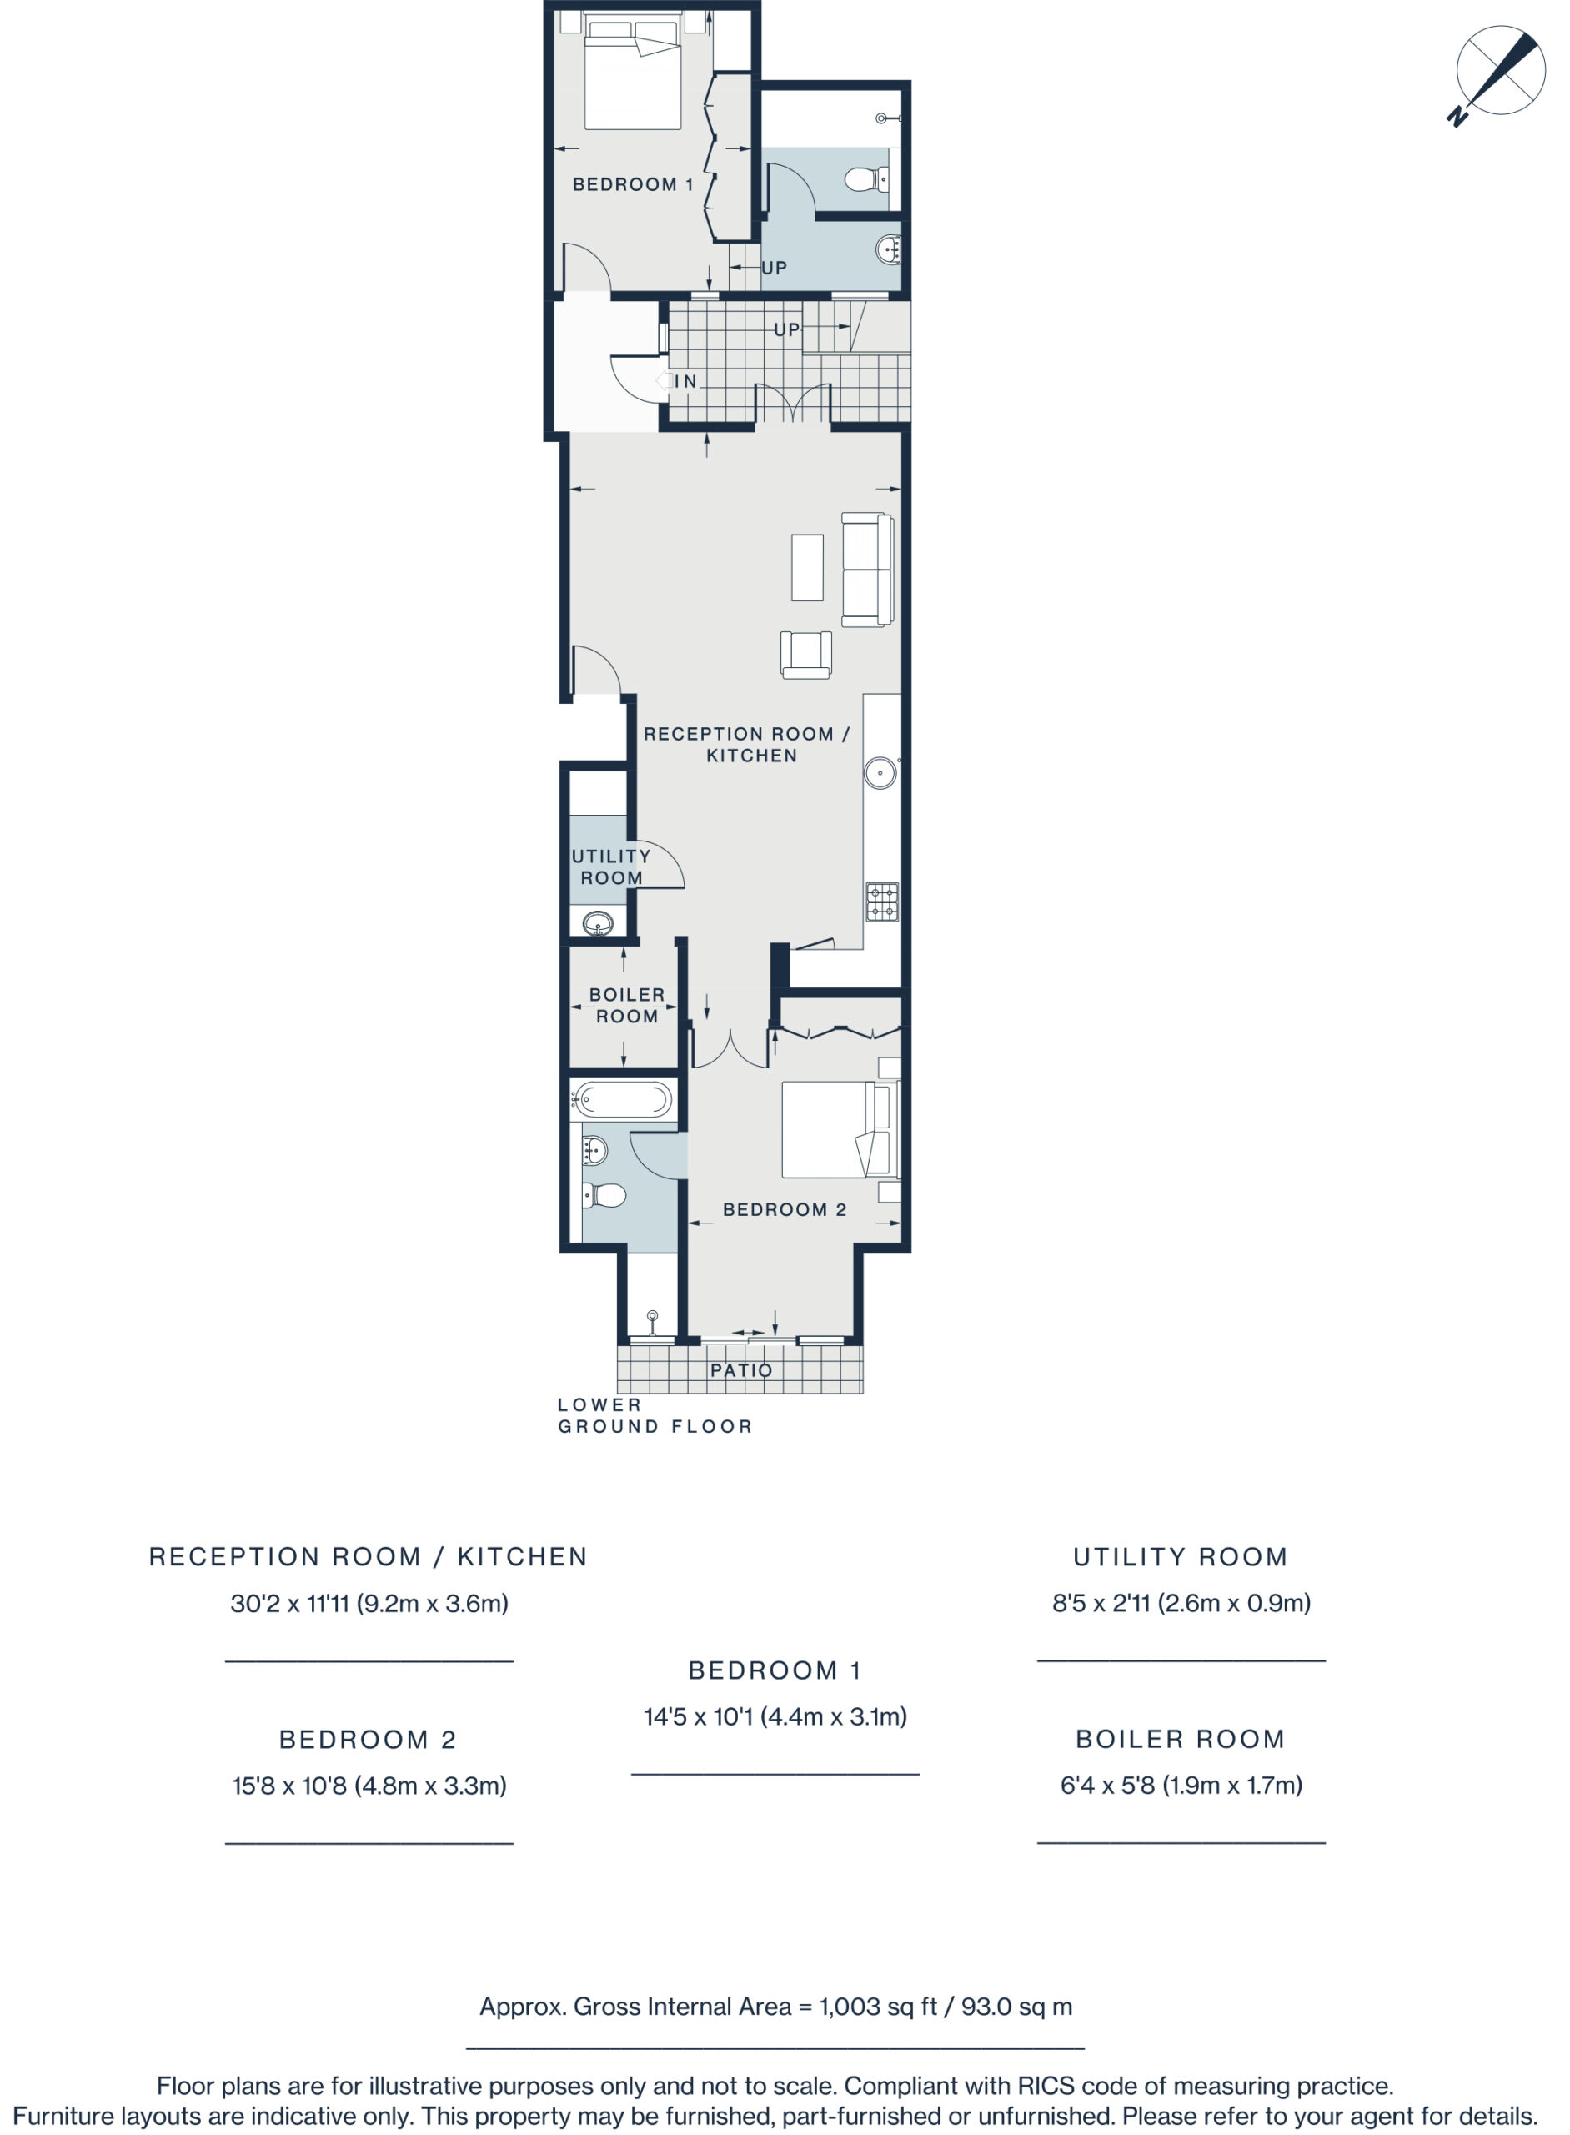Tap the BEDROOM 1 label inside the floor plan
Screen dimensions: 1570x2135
(632, 184)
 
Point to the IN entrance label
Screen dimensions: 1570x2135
(686, 381)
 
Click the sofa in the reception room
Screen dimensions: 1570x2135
(868, 570)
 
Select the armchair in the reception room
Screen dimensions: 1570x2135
(806, 655)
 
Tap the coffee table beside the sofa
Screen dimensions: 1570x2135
(807, 566)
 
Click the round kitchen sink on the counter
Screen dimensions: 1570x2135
(880, 773)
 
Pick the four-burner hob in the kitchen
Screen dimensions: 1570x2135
(882, 902)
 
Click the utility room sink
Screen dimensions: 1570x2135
(598, 922)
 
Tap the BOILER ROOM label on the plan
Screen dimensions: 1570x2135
(626, 1005)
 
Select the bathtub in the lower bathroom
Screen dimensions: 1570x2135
(623, 1101)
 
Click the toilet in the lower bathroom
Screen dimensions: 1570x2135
(604, 1195)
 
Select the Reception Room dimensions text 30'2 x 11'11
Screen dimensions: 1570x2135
(369, 1604)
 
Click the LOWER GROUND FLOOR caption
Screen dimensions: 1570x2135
(655, 1415)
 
